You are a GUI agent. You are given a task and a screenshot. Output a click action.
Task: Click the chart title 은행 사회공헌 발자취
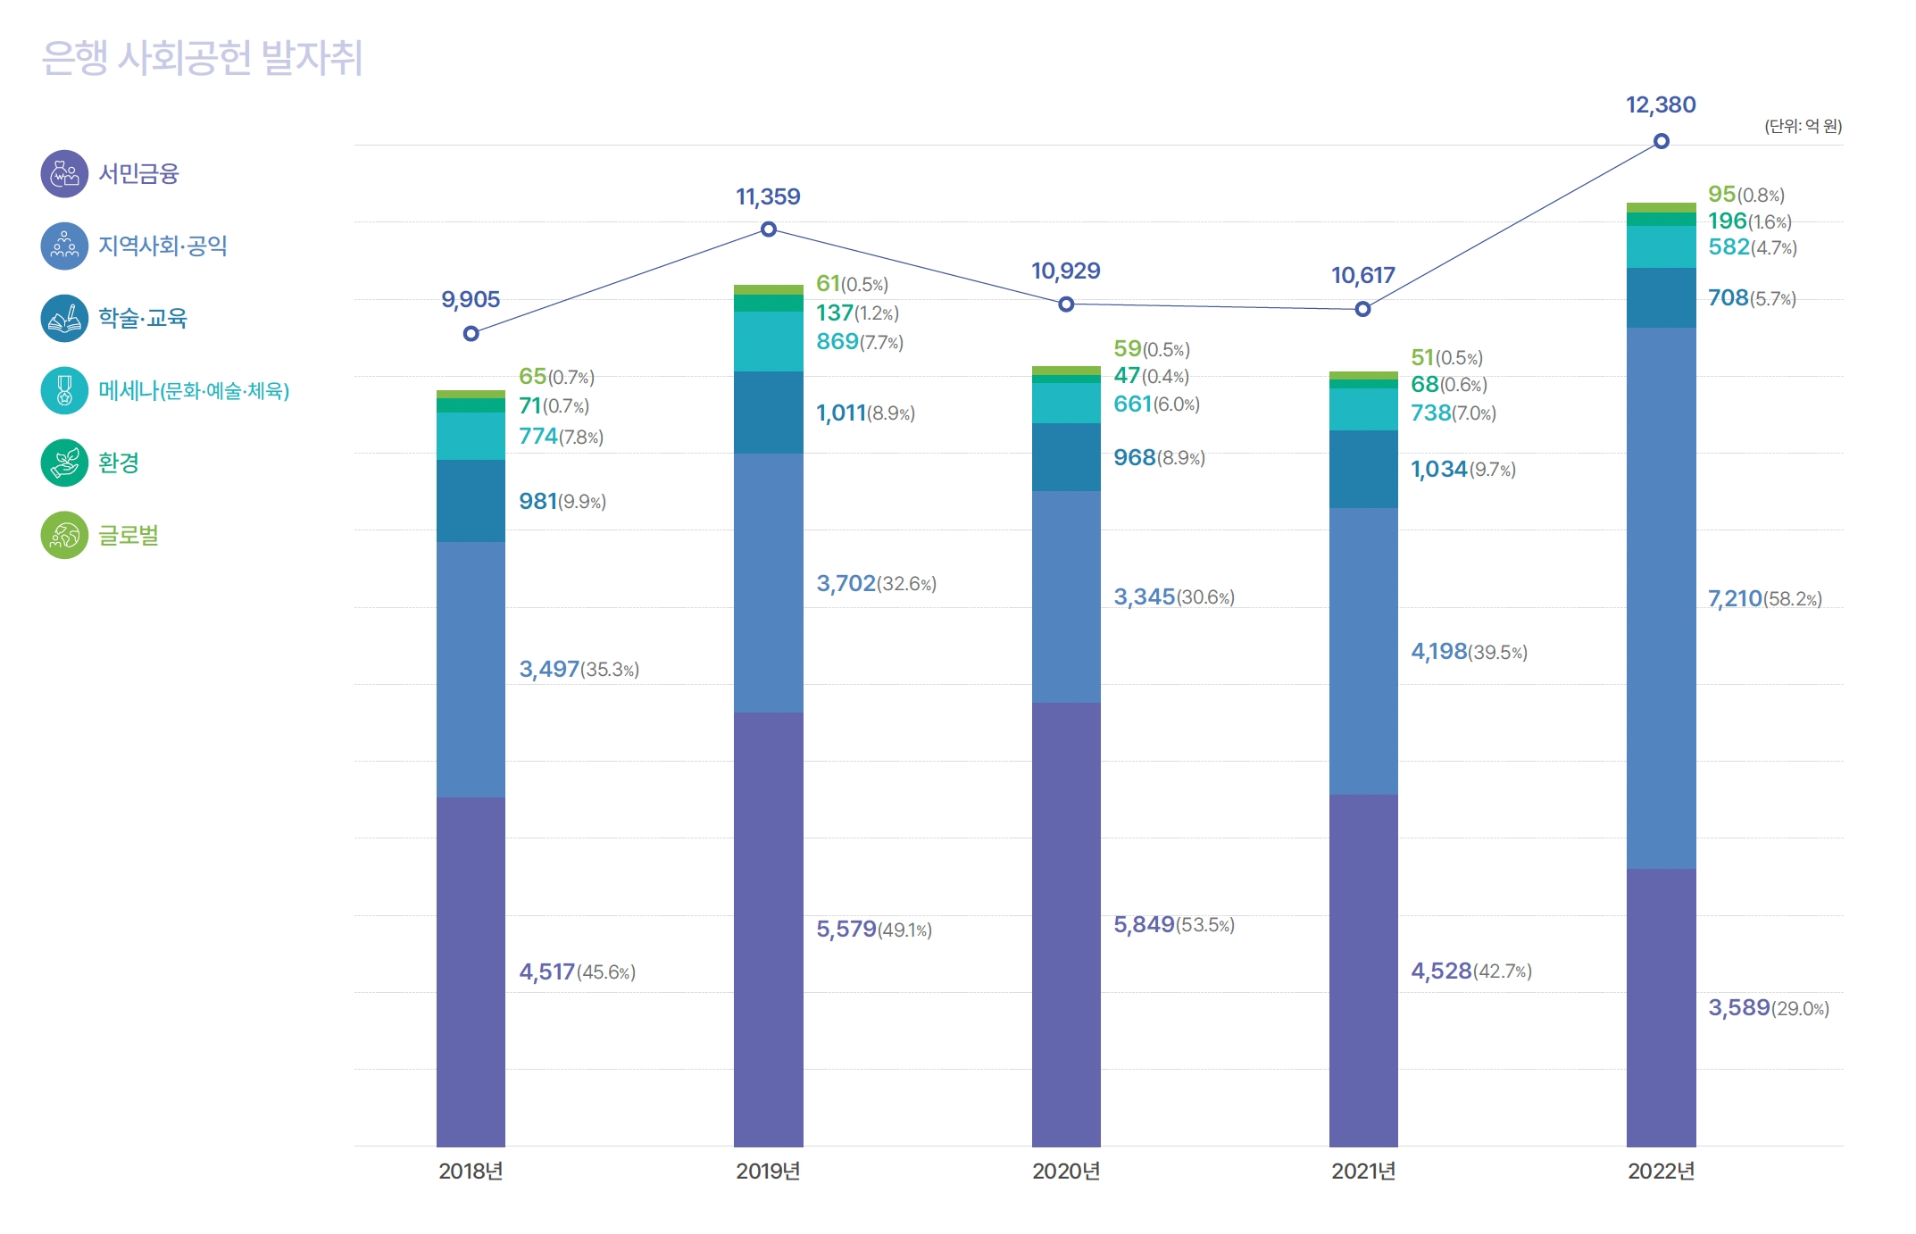[202, 58]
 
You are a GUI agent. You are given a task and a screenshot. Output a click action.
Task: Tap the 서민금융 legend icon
[64, 173]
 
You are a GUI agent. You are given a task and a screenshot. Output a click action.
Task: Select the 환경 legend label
[119, 463]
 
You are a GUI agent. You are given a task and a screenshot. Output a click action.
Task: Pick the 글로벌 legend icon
[64, 535]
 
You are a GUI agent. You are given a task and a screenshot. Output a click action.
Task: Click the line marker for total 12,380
[1661, 141]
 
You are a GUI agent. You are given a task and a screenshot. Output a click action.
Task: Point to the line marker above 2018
[471, 334]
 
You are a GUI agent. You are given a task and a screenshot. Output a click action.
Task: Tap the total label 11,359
[768, 196]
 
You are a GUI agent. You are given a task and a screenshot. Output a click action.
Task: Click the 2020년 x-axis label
[1066, 1171]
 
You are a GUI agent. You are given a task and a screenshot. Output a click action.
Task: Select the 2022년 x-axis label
[1661, 1171]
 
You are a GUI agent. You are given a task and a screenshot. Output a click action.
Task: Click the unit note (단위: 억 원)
[1803, 126]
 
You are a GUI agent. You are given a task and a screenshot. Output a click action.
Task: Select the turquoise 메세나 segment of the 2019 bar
[768, 341]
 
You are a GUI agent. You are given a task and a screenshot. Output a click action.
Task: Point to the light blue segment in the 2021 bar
[1363, 651]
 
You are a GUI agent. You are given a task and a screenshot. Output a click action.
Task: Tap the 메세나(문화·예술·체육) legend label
[194, 390]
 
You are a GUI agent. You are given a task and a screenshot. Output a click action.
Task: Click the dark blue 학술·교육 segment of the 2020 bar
[1066, 457]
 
